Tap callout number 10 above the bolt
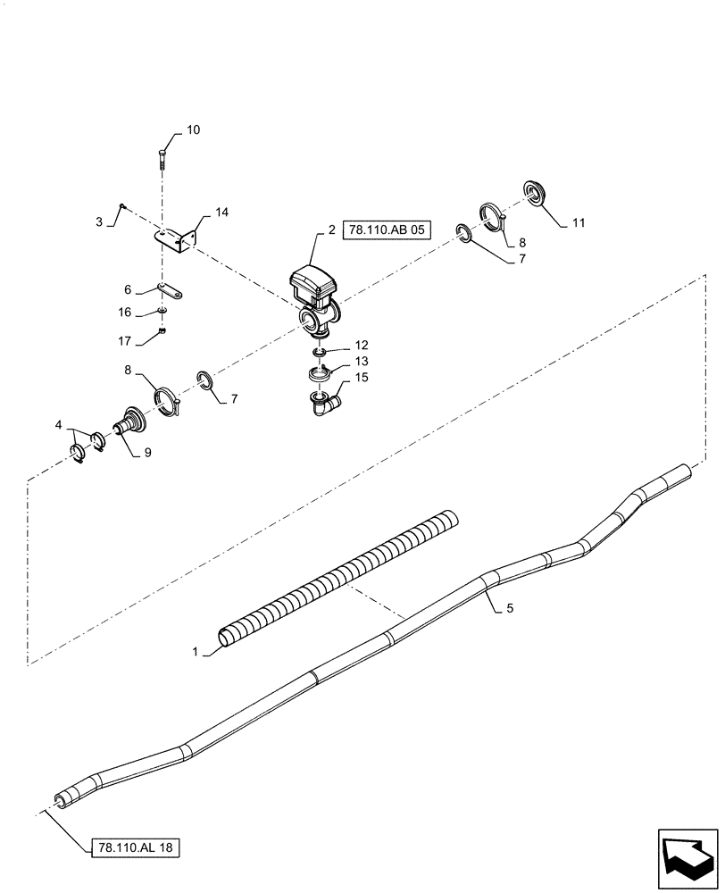(193, 130)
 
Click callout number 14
(221, 213)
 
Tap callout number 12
(362, 344)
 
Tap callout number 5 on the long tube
(510, 609)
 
